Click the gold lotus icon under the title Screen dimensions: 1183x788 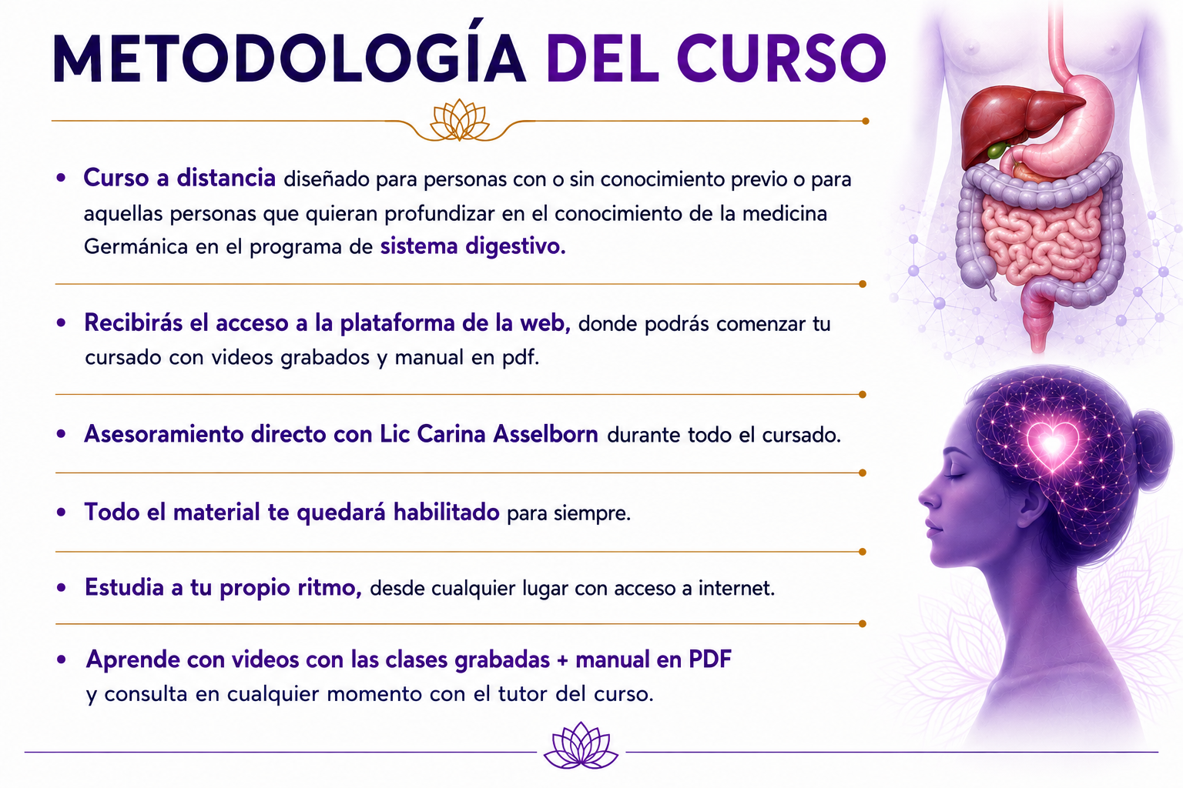coord(460,120)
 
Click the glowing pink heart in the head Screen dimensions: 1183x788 coord(1053,445)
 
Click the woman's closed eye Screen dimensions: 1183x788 coord(955,476)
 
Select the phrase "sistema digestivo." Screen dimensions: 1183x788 coord(473,247)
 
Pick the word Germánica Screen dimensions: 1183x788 coord(136,247)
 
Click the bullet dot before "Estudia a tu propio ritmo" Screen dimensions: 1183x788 coord(62,587)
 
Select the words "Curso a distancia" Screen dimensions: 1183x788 coord(179,178)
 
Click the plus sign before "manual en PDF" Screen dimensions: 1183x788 coord(562,660)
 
